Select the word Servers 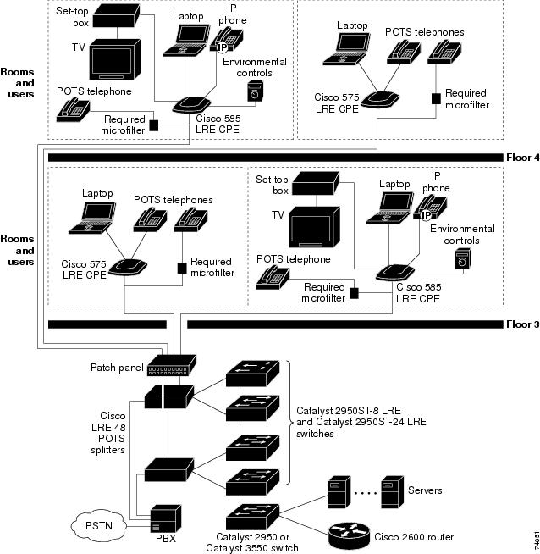[425, 490]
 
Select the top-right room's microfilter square [436, 97]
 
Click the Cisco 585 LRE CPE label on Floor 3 [417, 292]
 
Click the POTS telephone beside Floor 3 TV [273, 275]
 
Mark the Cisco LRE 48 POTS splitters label [113, 434]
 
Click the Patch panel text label [116, 368]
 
